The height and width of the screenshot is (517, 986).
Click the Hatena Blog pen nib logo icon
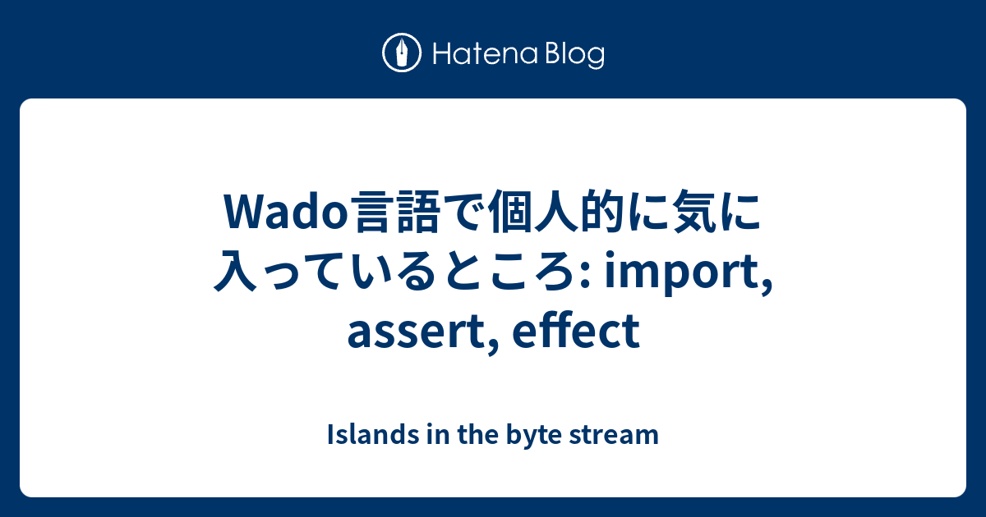coord(402,53)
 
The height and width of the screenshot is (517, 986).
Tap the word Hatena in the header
coord(486,54)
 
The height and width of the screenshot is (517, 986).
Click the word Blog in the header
coord(575,55)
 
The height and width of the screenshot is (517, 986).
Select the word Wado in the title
coord(286,212)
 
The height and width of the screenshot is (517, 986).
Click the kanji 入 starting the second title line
coord(236,271)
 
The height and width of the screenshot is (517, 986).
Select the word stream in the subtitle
coord(614,435)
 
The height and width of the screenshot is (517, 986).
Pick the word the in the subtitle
coord(478,434)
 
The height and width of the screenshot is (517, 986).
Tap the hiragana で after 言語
coord(465,212)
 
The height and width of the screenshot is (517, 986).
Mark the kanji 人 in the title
coord(556,212)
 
